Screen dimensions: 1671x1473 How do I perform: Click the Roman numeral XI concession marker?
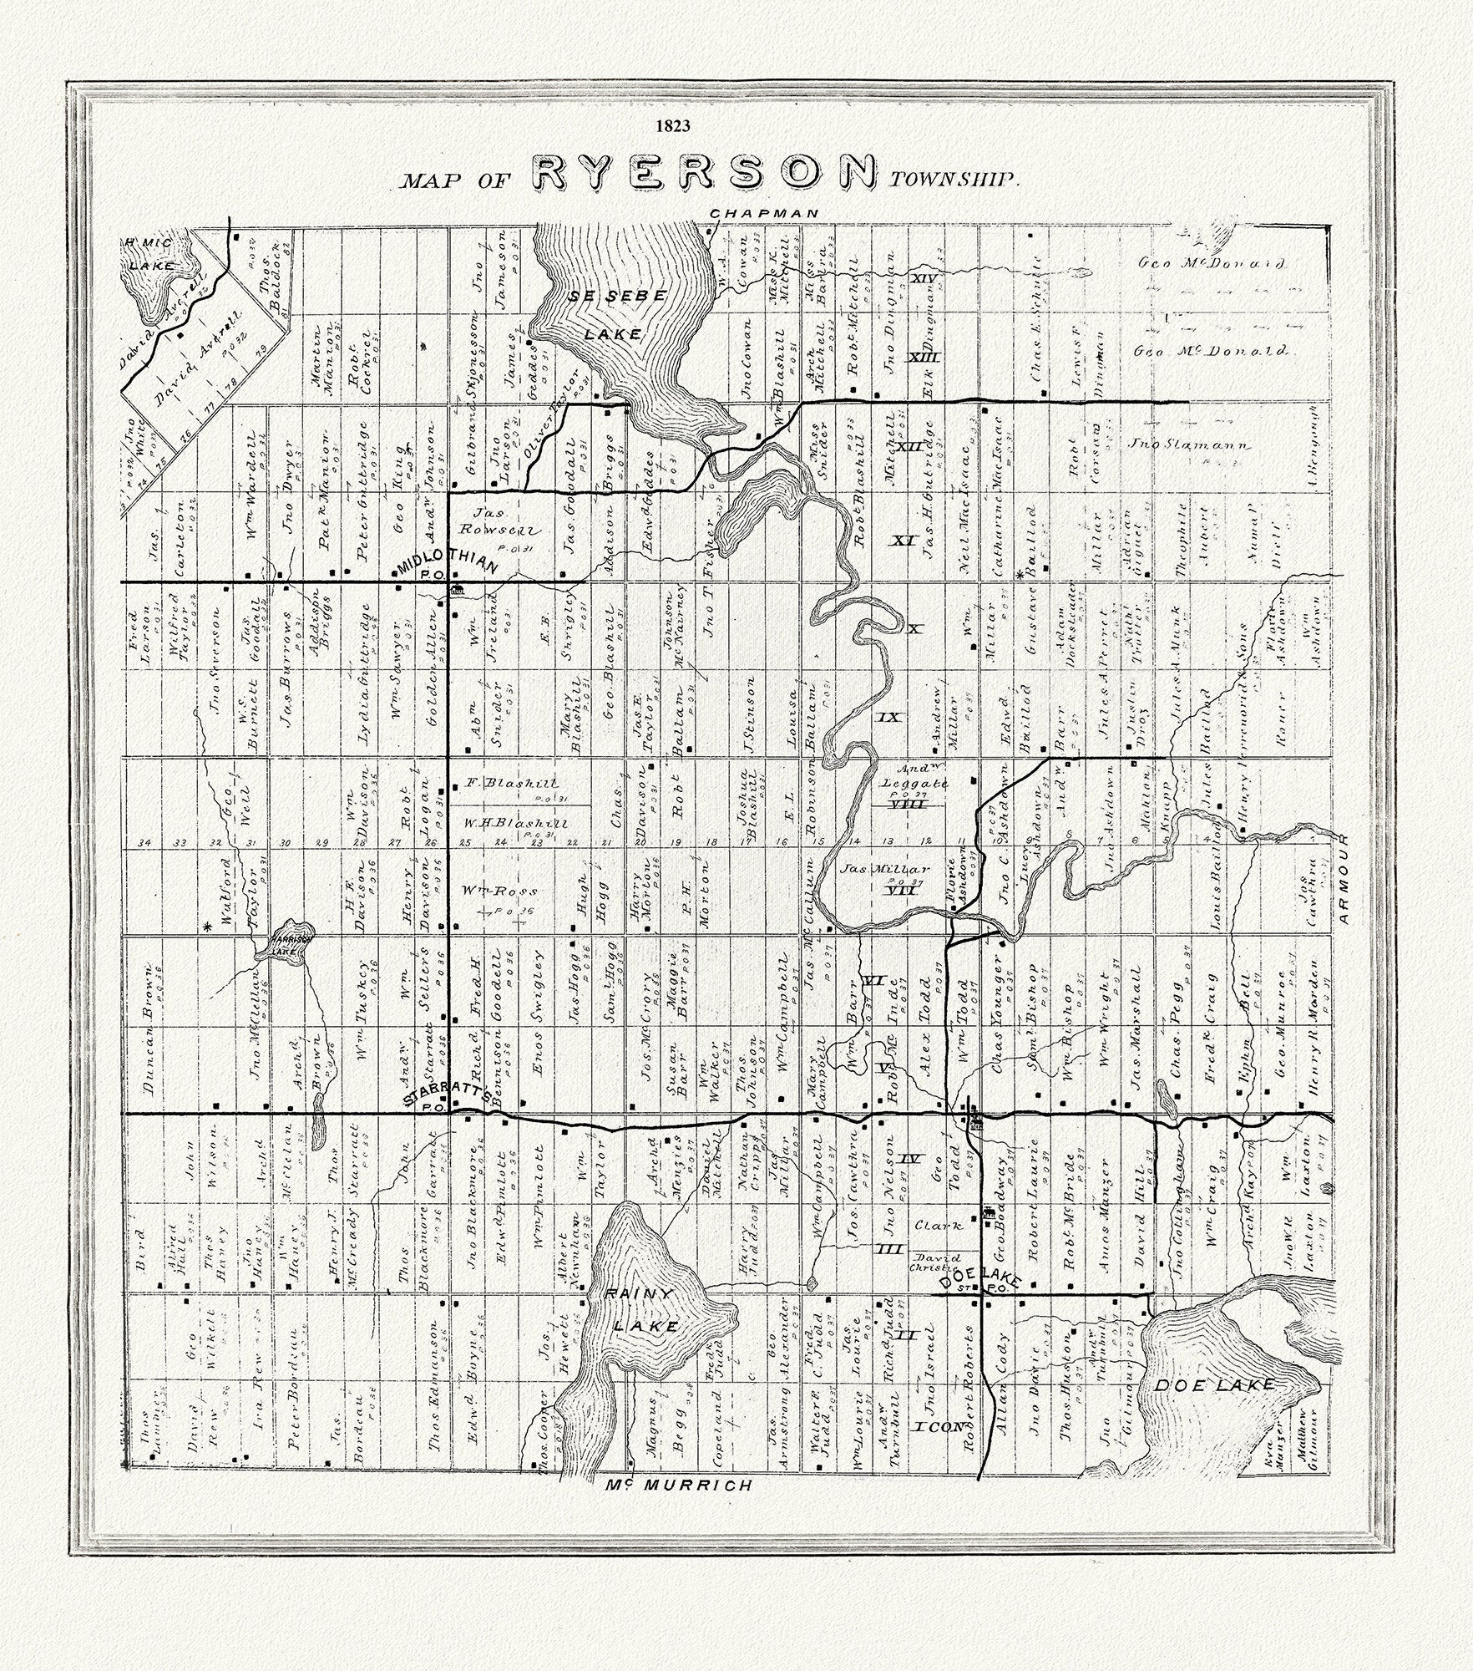point(902,541)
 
